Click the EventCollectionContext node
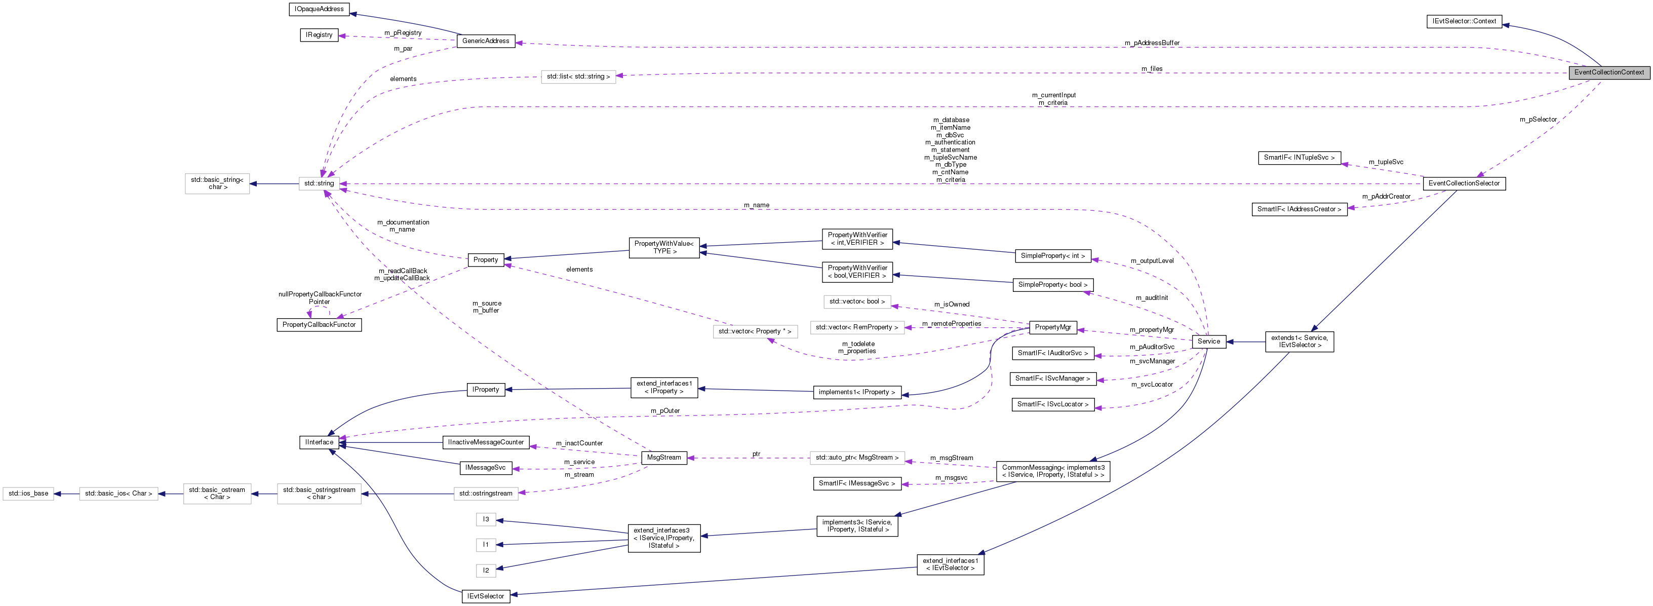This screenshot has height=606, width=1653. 1609,72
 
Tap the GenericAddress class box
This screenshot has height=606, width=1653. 485,41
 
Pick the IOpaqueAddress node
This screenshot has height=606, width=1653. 319,9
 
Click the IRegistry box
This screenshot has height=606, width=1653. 319,34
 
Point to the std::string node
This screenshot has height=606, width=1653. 319,183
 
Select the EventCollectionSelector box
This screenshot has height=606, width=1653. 1464,183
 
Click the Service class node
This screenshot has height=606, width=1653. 1208,342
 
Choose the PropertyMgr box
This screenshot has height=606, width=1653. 1052,327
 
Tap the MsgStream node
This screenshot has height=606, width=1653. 663,458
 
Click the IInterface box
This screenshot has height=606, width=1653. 319,442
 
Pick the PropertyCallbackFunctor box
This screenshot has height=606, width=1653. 319,325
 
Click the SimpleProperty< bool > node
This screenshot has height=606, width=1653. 1052,284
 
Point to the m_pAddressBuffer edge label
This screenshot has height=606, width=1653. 1152,43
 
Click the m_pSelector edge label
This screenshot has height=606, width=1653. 1538,120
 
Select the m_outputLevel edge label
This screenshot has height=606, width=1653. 1152,260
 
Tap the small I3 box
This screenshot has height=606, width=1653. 486,519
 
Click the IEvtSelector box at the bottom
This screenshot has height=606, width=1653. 486,596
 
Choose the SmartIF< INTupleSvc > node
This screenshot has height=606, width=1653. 1299,157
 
